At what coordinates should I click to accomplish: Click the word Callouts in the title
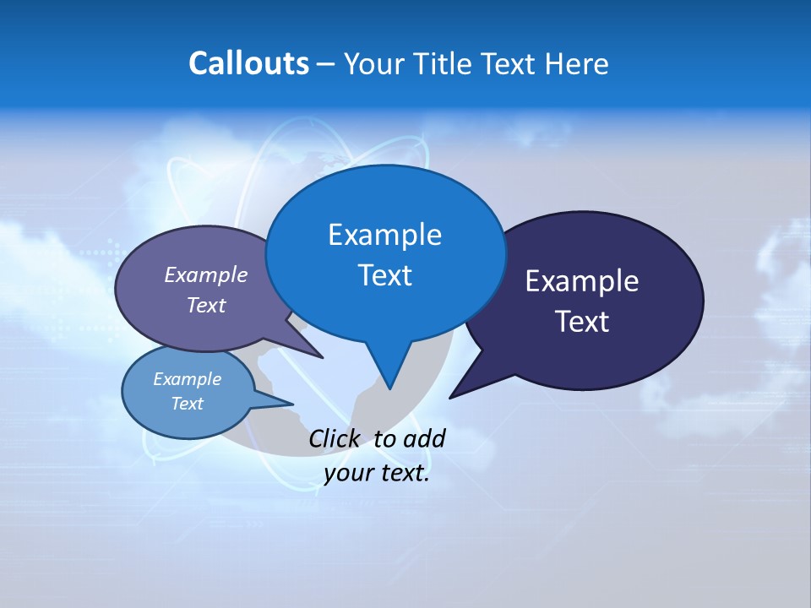(x=248, y=63)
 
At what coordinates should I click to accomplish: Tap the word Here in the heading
(x=577, y=64)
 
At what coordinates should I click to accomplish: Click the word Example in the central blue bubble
(x=384, y=234)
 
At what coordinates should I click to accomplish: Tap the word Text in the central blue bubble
(x=384, y=275)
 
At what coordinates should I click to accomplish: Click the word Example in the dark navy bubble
(x=582, y=281)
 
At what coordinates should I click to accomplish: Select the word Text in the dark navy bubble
(x=582, y=322)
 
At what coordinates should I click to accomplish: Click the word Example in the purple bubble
(x=205, y=274)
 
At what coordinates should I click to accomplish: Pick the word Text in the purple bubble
(x=205, y=305)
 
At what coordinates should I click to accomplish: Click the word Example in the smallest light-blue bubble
(x=187, y=379)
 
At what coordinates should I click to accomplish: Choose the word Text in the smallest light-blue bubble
(x=187, y=404)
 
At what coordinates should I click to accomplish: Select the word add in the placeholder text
(x=423, y=438)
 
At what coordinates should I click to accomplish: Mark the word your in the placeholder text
(x=347, y=474)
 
